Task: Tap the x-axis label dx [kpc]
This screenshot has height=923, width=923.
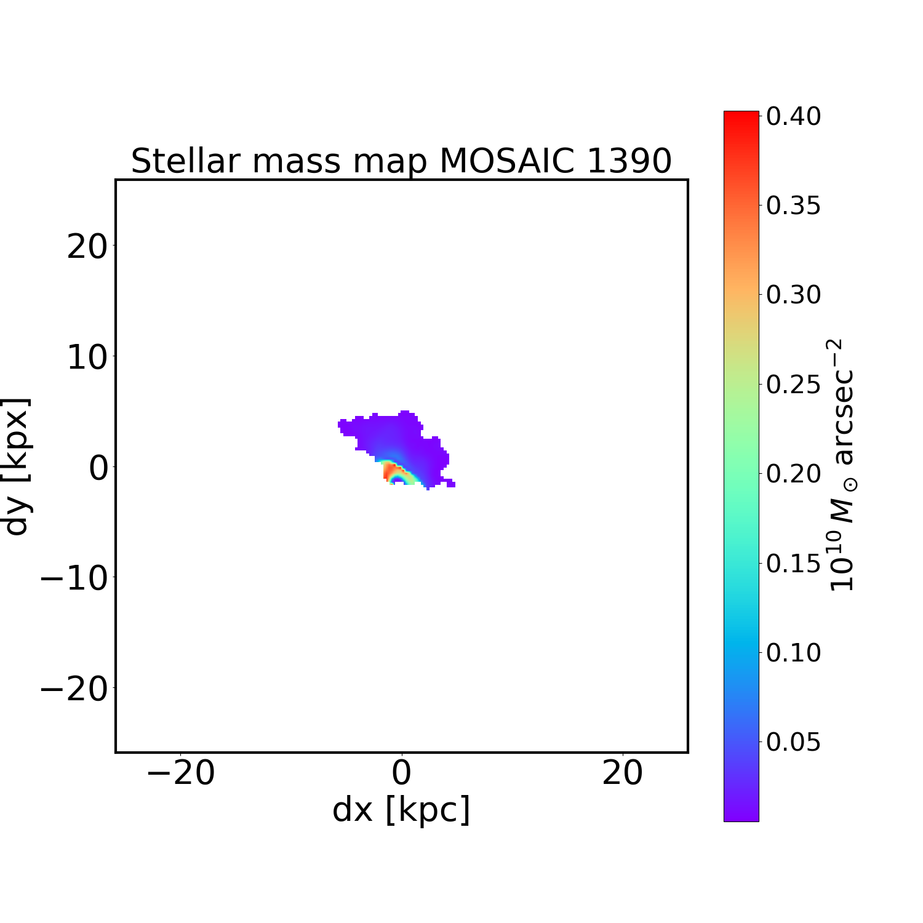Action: (401, 809)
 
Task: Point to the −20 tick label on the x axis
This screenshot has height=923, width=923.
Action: (180, 773)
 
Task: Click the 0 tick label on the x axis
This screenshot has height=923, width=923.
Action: (401, 773)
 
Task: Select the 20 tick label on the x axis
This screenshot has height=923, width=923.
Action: (623, 773)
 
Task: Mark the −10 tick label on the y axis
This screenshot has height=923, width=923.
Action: (74, 578)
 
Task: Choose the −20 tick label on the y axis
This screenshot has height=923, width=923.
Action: (74, 689)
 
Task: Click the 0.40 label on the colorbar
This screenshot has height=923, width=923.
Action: (793, 116)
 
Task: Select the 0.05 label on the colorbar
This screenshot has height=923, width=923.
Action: (793, 742)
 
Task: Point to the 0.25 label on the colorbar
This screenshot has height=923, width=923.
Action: (793, 385)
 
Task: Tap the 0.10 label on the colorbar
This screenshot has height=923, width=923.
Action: (793, 652)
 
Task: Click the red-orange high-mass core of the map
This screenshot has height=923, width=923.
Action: (390, 472)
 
